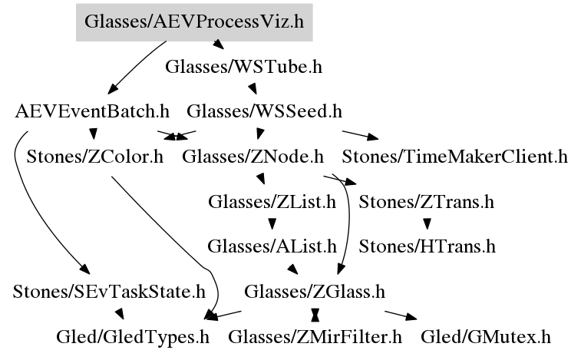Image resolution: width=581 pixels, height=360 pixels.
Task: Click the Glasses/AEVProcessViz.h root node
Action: click(x=194, y=22)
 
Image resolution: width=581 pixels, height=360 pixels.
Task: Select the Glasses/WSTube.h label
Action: click(x=243, y=67)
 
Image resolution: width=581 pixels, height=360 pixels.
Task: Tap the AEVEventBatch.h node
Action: click(x=92, y=111)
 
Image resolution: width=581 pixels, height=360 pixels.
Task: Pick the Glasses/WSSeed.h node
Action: click(x=264, y=111)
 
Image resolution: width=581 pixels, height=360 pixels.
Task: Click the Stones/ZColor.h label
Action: click(x=95, y=157)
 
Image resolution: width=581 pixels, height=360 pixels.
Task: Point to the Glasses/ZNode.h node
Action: click(x=253, y=157)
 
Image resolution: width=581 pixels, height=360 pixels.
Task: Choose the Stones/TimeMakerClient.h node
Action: click(x=454, y=157)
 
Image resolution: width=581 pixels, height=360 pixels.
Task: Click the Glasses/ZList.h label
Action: click(x=272, y=203)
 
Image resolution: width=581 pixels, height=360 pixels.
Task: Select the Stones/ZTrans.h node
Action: click(x=426, y=203)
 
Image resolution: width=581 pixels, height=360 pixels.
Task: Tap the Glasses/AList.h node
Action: click(x=272, y=246)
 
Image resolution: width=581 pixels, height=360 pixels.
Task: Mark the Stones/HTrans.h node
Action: click(x=427, y=246)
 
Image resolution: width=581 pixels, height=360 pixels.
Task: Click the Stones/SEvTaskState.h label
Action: click(x=109, y=292)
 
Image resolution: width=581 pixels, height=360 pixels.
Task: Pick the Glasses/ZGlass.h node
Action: click(x=314, y=292)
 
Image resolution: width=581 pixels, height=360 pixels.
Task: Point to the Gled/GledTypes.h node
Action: click(x=133, y=336)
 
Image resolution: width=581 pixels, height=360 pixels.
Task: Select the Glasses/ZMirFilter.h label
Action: click(x=315, y=336)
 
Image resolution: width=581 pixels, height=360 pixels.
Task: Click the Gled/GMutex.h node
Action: click(x=485, y=336)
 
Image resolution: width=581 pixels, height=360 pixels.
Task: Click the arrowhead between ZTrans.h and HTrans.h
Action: click(x=427, y=225)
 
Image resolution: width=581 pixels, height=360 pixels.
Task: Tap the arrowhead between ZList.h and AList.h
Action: click(x=272, y=225)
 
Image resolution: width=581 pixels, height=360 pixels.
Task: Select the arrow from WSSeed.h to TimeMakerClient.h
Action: click(x=361, y=134)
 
